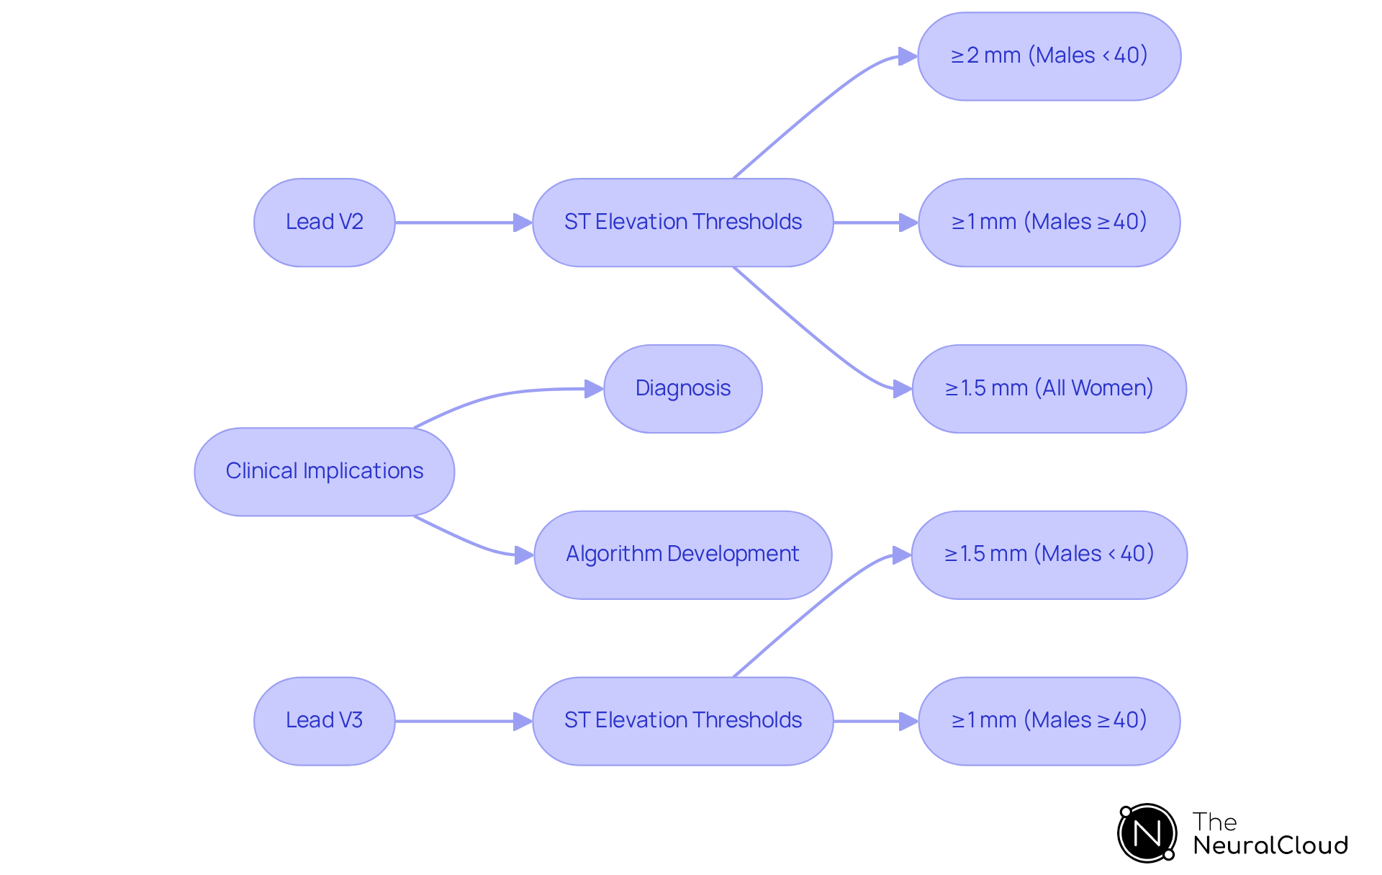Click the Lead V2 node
pyautogui.click(x=324, y=223)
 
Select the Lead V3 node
pyautogui.click(x=324, y=721)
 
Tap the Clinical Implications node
pyautogui.click(x=324, y=472)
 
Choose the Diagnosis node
pyautogui.click(x=682, y=389)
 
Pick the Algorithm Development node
pyautogui.click(x=682, y=555)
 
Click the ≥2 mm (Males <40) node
pyautogui.click(x=1049, y=56)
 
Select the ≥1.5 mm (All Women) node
pyautogui.click(x=1049, y=389)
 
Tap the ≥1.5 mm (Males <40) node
pyautogui.click(x=1049, y=555)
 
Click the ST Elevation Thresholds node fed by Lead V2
pyautogui.click(x=682, y=223)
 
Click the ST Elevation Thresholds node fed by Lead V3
pyautogui.click(x=682, y=721)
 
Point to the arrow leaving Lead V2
pyautogui.click(x=461, y=223)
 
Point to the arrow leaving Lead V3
pyautogui.click(x=461, y=721)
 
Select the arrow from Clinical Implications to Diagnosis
pyautogui.click(x=504, y=394)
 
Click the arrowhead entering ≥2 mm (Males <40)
pyautogui.click(x=908, y=56)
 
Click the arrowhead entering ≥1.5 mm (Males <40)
pyautogui.click(x=902, y=555)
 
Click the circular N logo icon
pyautogui.click(x=1147, y=833)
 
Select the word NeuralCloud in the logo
pyautogui.click(x=1270, y=845)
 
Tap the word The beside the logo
pyautogui.click(x=1214, y=822)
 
